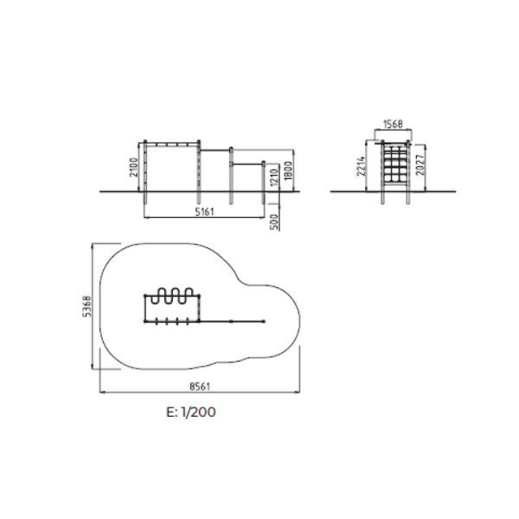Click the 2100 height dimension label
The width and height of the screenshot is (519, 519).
click(x=133, y=167)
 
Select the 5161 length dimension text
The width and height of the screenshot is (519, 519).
click(x=204, y=212)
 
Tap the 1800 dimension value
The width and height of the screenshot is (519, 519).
click(x=288, y=170)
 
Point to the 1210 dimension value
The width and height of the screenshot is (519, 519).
click(x=273, y=177)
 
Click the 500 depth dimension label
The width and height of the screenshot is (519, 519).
click(x=274, y=221)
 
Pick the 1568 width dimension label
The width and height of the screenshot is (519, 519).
click(x=393, y=124)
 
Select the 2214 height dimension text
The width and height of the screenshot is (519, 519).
click(x=361, y=166)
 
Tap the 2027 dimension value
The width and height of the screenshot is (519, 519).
click(x=420, y=165)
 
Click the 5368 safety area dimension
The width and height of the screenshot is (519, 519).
click(x=86, y=306)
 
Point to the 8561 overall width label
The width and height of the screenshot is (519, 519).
click(x=200, y=387)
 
